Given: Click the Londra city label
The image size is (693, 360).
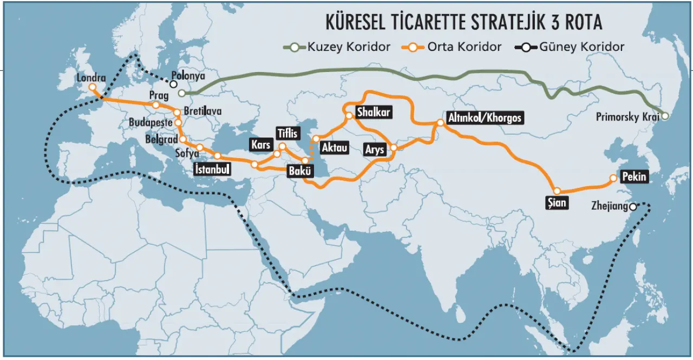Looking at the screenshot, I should click(x=91, y=77).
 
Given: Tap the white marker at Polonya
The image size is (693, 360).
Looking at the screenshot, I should click(x=173, y=84).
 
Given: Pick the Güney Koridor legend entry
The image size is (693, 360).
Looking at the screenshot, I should click(x=574, y=47).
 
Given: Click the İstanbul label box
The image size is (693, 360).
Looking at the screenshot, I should click(x=212, y=169).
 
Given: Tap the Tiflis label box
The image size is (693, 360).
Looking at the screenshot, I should click(x=286, y=133).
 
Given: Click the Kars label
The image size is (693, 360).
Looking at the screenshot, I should click(x=260, y=145).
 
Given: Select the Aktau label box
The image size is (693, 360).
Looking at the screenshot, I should click(x=334, y=147).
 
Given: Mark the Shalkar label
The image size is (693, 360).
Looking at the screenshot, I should click(x=374, y=113).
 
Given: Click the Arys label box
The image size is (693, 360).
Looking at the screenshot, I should click(x=375, y=149).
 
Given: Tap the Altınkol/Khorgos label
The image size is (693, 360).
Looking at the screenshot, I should click(x=485, y=118).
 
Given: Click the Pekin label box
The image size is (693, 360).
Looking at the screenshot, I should click(x=634, y=176).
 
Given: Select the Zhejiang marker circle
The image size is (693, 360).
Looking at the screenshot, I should click(x=633, y=207).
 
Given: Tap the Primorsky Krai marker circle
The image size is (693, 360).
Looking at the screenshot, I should click(x=665, y=116).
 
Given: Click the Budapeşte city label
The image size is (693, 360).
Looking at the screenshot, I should click(x=151, y=123).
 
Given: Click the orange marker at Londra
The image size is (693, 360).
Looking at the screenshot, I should click(x=93, y=87).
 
